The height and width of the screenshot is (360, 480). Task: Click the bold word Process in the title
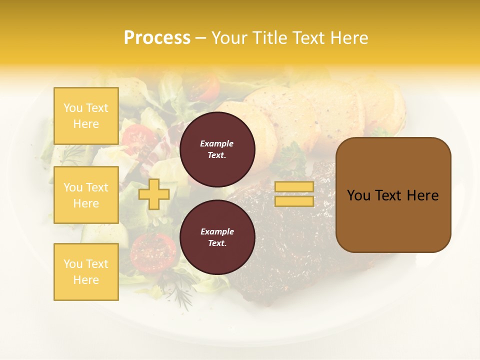(157, 38)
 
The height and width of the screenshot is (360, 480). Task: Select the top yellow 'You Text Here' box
(86, 116)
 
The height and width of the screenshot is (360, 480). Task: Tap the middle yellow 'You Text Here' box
(86, 195)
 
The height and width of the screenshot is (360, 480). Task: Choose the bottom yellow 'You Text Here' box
(86, 271)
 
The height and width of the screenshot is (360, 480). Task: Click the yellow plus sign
(153, 194)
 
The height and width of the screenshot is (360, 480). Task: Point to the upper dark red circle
(217, 149)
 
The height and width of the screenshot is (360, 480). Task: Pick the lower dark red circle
(217, 237)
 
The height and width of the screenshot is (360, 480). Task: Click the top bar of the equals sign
(294, 186)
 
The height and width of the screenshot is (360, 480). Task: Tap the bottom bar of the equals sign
(294, 201)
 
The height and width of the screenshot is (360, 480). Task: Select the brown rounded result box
(393, 195)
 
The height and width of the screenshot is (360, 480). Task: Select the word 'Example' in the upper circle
(217, 143)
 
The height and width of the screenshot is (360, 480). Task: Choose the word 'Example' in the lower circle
(217, 231)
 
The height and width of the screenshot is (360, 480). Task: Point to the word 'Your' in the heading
(229, 38)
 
